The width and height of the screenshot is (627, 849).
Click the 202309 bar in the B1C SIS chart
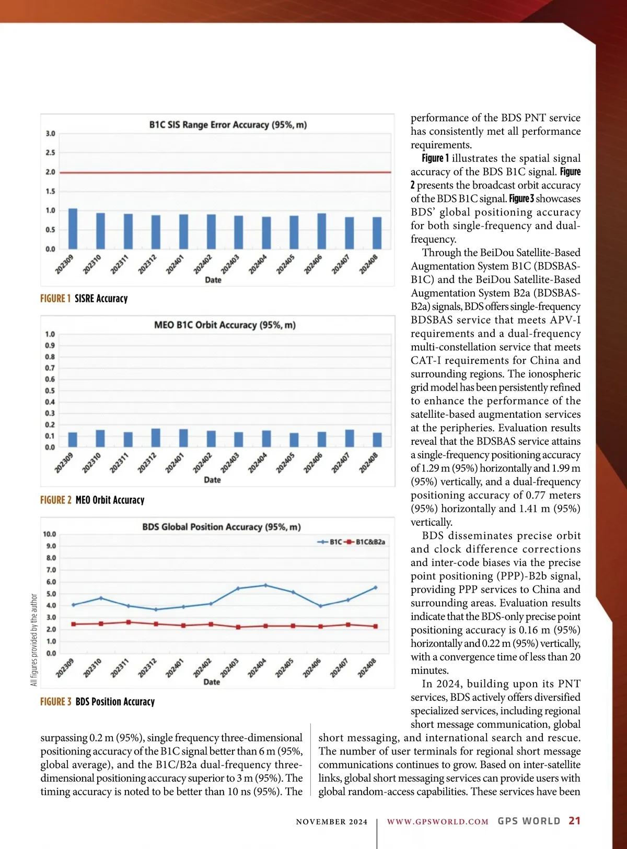tap(73, 229)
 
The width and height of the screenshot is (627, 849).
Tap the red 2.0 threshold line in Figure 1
tap(225, 172)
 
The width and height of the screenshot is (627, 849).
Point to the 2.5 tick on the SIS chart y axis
tap(50, 153)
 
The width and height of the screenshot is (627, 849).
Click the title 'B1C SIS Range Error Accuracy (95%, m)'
tap(228, 125)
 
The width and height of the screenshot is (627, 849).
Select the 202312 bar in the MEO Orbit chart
tap(156, 438)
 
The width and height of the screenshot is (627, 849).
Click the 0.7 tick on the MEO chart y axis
tap(50, 368)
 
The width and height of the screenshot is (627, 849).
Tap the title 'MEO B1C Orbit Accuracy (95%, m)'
tap(225, 325)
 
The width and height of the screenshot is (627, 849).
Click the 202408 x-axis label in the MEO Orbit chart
tap(369, 463)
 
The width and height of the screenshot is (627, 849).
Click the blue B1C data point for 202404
tap(265, 585)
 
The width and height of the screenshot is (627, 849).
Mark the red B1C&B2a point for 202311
tap(129, 622)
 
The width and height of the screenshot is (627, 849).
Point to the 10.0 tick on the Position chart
tap(49, 534)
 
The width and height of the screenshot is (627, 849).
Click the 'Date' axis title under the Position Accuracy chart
tap(212, 682)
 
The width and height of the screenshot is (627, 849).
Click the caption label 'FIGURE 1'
tap(55, 299)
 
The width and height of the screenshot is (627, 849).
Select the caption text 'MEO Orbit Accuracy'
tap(110, 500)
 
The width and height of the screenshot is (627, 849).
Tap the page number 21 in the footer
tap(574, 821)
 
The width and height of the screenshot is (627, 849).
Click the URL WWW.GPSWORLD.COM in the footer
tap(437, 822)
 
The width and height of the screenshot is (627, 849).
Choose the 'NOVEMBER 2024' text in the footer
tap(331, 822)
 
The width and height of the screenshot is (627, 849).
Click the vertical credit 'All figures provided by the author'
tap(34, 640)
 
